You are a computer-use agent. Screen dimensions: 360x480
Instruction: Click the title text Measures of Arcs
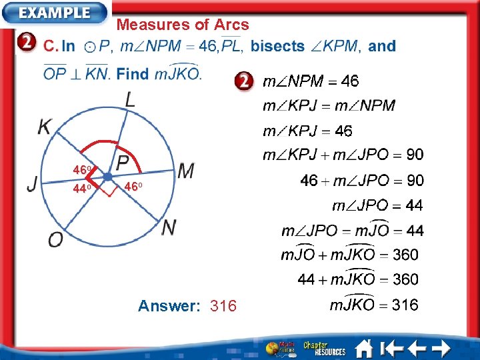point(183,25)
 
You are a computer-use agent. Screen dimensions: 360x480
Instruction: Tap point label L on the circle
point(131,100)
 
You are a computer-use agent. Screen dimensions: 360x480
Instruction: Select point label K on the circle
point(44,127)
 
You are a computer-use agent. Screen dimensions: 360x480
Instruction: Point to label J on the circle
point(32,184)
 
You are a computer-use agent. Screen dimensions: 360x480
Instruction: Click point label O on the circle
point(56,239)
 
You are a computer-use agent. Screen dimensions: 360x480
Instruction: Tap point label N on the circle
point(169,228)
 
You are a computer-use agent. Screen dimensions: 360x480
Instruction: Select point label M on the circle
point(186,171)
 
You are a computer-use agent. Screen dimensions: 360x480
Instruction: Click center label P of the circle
point(123,163)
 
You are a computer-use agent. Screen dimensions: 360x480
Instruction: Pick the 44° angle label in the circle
point(82,189)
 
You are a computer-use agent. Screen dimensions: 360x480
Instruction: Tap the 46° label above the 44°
point(82,171)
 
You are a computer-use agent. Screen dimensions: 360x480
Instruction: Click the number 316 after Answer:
point(223,306)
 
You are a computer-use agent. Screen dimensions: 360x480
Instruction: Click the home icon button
point(364,348)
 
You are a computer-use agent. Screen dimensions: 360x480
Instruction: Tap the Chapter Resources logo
point(324,348)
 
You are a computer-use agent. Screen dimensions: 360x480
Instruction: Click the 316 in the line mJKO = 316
point(405,305)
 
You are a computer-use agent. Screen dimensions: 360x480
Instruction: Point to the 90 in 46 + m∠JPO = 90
point(415,180)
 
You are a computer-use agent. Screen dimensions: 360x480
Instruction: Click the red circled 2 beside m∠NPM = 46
point(244,82)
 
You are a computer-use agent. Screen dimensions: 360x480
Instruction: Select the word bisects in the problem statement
point(277,47)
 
